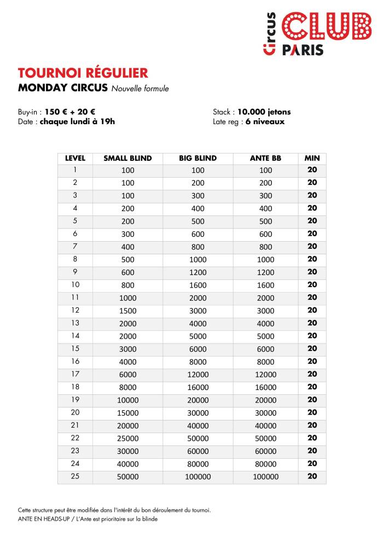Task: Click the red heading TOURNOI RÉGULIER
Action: (83, 73)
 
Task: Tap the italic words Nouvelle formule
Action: (141, 89)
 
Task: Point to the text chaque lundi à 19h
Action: (77, 121)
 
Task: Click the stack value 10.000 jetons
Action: (264, 112)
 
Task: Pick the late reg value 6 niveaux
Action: (265, 121)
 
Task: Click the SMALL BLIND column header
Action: (127, 158)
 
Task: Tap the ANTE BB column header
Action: (265, 158)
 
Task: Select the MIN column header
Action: (312, 158)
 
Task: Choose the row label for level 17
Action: (75, 374)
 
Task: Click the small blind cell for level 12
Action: (127, 311)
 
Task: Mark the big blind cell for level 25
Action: (198, 476)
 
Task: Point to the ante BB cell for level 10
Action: (265, 285)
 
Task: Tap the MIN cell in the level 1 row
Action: (312, 170)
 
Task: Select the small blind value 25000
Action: (127, 438)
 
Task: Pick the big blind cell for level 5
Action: (198, 221)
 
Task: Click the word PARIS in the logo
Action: (302, 50)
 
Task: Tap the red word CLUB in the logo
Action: (327, 26)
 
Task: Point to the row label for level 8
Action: (75, 259)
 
